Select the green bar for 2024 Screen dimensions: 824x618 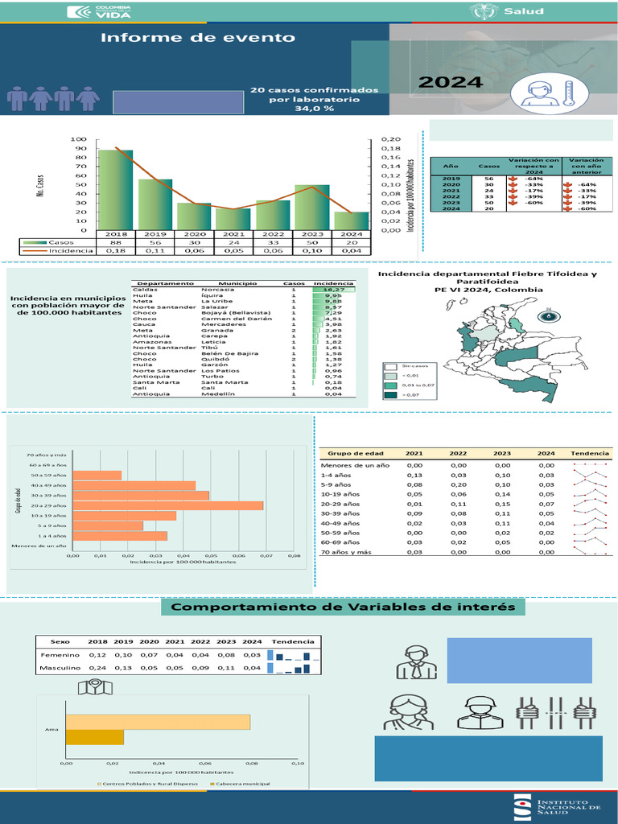[351, 220]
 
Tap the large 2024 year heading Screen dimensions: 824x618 [451, 82]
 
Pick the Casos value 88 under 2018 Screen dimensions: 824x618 [116, 241]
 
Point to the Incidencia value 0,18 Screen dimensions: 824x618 [116, 250]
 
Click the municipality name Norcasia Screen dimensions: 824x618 [217, 290]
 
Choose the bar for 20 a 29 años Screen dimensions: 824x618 [167, 505]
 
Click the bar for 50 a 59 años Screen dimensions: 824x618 [97, 475]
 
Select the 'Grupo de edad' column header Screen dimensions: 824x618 [348, 452]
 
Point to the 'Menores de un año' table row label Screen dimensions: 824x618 [355, 465]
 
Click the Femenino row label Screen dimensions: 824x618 [60, 655]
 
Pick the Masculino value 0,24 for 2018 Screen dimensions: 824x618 [97, 668]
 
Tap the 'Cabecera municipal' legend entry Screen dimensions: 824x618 [240, 784]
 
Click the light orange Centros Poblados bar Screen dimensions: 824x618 [158, 722]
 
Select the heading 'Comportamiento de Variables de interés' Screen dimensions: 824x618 [343, 607]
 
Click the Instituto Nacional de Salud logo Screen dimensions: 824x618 [554, 808]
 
